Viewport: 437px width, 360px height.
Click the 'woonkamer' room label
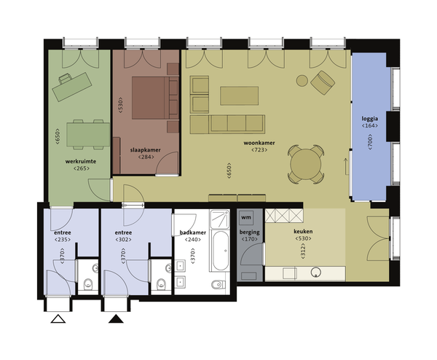coord(259,143)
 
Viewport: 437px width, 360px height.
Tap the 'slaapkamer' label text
coord(146,150)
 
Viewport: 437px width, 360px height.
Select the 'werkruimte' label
coord(81,162)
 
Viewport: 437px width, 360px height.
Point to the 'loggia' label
coord(370,119)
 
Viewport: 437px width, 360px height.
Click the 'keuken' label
coord(303,232)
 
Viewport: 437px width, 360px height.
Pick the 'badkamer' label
coord(193,232)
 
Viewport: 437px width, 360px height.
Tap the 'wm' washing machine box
coord(246,217)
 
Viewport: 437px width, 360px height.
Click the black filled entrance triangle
coord(116,319)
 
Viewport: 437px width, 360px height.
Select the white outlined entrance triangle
coord(58,319)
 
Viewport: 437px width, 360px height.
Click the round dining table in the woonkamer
coord(306,164)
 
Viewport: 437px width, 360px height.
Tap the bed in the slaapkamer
coord(151,98)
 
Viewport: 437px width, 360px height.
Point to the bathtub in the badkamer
coord(221,251)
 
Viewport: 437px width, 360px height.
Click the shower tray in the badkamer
coord(220,219)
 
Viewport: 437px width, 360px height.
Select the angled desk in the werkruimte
coord(72,87)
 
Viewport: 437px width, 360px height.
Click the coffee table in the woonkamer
coord(239,96)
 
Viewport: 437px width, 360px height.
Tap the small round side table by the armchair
coord(302,81)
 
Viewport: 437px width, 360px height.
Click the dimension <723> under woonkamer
coord(259,150)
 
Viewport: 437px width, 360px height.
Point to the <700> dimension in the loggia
coord(370,142)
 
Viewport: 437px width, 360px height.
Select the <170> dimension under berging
coord(249,239)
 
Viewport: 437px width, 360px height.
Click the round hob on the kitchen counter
coord(316,273)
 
